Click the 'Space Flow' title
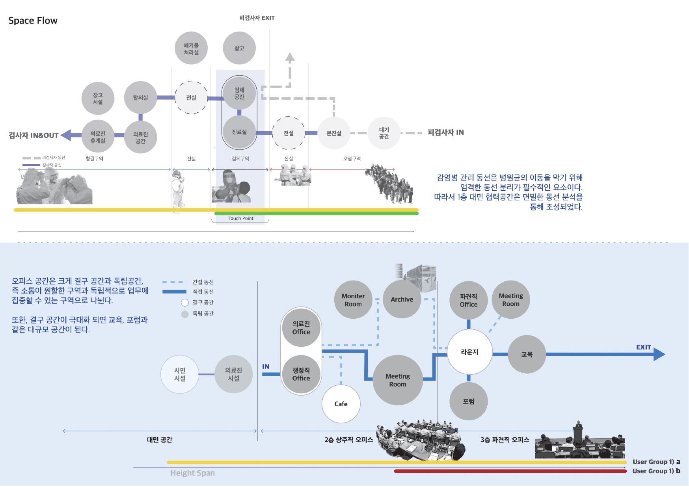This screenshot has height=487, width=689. coord(33,20)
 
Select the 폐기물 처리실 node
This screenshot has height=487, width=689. coord(191,48)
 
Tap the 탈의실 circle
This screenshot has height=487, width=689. coord(140,98)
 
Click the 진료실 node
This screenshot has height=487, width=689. coord(239,132)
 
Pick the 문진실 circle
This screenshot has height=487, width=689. coord(334,133)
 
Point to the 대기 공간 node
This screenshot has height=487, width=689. coord(384,133)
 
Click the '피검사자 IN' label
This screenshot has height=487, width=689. coord(445,132)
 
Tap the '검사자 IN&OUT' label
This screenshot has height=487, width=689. coord(34,136)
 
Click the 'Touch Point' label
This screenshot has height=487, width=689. coord(240,218)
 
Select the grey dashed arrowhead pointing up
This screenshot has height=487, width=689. coord(290,57)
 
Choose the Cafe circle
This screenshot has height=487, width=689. coord(341,404)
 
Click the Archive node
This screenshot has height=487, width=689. coord(402,299)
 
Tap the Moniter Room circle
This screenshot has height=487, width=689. coord(353,300)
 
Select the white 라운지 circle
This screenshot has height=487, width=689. coord(469,352)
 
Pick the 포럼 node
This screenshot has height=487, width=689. coord(469,401)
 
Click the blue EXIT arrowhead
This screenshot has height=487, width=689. coord(659,354)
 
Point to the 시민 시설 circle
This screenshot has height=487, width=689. coord(180,374)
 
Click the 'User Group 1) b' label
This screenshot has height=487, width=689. coord(656,471)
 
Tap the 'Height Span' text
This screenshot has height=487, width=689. coord(192,473)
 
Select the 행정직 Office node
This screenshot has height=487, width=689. coord(301,374)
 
